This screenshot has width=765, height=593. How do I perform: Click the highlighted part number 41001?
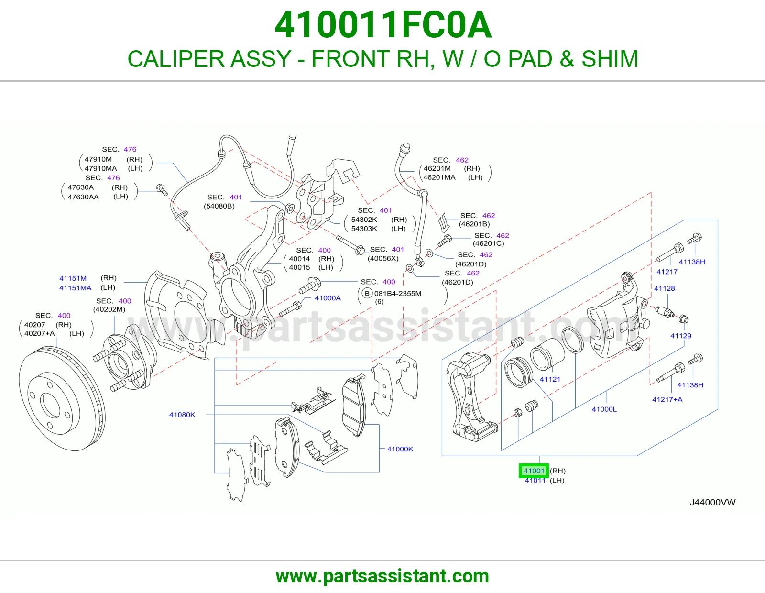[x=534, y=471]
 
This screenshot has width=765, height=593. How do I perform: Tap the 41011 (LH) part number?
[x=535, y=480]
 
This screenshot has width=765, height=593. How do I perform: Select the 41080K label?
[x=182, y=415]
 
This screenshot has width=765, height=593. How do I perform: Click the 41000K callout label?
[x=400, y=449]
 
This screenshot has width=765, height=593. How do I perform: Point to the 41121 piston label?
[x=550, y=379]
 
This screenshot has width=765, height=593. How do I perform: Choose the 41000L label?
[x=604, y=409]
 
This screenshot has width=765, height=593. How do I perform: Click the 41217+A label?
[x=667, y=399]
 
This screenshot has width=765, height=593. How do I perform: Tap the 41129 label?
[x=680, y=336]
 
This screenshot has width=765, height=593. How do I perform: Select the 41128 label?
[x=664, y=288]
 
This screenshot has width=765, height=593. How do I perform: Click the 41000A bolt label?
[x=328, y=298]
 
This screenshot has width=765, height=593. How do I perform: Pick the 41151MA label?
[x=76, y=288]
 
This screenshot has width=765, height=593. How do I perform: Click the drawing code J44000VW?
[x=712, y=502]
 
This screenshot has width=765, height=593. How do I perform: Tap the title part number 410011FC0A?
[x=382, y=25]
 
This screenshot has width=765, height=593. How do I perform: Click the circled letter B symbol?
[x=367, y=293]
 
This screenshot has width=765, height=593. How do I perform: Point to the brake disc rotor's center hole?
[x=50, y=406]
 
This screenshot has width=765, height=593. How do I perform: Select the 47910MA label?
[x=101, y=168]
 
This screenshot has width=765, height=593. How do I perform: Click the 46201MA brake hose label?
[x=439, y=177]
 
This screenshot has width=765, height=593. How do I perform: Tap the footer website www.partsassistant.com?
[x=382, y=576]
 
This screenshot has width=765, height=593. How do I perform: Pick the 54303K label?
[x=364, y=229]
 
